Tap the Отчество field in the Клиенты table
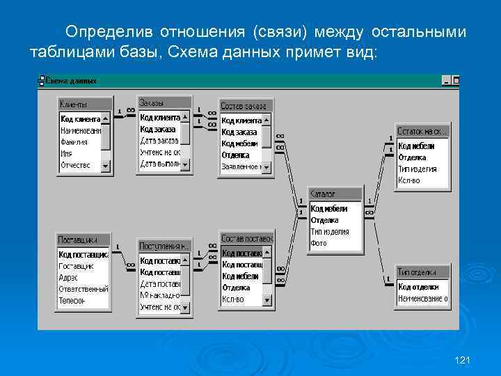(75, 166)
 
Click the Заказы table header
(164, 102)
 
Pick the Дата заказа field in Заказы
(161, 141)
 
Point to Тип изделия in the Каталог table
(330, 232)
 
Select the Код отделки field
(418, 287)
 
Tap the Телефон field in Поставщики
(72, 301)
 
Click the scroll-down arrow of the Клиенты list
(106, 166)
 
